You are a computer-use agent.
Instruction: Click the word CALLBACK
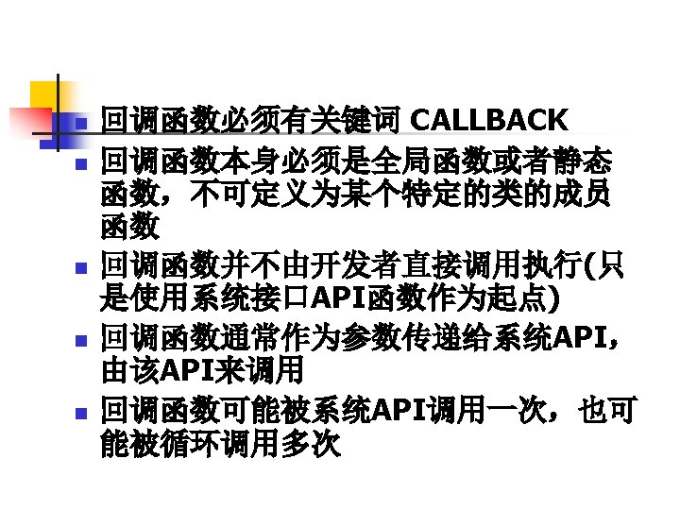point(490,121)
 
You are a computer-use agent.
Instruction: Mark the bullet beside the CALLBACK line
point(81,124)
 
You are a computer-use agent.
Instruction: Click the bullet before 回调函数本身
point(81,162)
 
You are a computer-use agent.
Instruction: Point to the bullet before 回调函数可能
point(81,412)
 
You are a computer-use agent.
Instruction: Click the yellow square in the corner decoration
point(45,94)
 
